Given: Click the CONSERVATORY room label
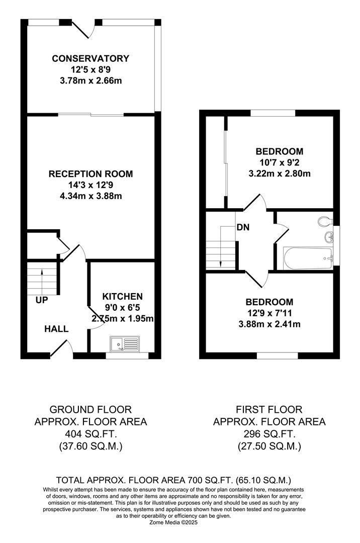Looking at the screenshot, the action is click(91, 58).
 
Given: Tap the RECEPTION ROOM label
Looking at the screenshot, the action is click(91, 174).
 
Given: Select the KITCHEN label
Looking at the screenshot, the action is click(123, 297).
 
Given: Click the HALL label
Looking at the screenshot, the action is click(56, 329).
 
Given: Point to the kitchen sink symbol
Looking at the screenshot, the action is click(125, 344).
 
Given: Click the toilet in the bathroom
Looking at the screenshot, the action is click(325, 221).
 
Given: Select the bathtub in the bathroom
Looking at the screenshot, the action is click(308, 258).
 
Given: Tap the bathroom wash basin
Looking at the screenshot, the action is click(329, 237).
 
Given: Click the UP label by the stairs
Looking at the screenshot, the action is click(42, 300).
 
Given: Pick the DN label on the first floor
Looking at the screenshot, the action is click(243, 228).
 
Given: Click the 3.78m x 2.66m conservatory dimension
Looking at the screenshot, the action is click(91, 81).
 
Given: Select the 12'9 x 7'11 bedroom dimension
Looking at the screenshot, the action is click(269, 313).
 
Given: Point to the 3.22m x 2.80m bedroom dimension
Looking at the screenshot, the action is click(280, 173).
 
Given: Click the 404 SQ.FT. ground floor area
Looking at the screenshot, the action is click(91, 434).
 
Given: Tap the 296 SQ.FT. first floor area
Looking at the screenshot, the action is click(269, 434).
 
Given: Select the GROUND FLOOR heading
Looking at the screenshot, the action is click(91, 410).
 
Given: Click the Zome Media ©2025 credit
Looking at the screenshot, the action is click(173, 523).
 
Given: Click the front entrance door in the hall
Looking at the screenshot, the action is click(59, 348).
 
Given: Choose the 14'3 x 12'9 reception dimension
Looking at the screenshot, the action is click(91, 185).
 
